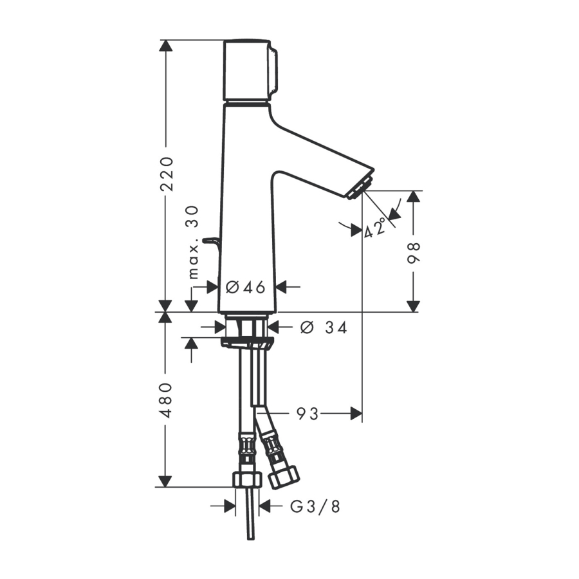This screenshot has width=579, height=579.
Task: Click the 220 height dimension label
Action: [x=167, y=174]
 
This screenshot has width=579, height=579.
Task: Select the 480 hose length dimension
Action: [x=167, y=400]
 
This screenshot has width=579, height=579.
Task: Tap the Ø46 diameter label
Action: [x=246, y=287]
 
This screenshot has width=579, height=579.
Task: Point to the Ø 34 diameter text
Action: [x=324, y=327]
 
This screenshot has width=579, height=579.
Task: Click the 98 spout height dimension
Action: [x=414, y=253]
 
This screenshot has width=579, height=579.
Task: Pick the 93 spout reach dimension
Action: [x=308, y=414]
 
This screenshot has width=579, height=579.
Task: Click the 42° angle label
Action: [x=374, y=228]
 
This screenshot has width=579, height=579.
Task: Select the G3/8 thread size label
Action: [x=315, y=507]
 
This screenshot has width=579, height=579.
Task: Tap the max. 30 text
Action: [x=193, y=243]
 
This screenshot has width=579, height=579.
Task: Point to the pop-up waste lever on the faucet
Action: [x=211, y=243]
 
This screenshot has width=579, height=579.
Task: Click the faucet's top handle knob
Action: [x=250, y=69]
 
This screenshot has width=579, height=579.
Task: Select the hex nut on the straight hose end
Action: [x=248, y=479]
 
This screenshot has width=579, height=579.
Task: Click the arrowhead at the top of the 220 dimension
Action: [x=166, y=46]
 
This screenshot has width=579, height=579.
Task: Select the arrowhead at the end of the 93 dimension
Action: [x=356, y=414]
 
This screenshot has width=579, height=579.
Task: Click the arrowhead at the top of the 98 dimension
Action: [x=414, y=197]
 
